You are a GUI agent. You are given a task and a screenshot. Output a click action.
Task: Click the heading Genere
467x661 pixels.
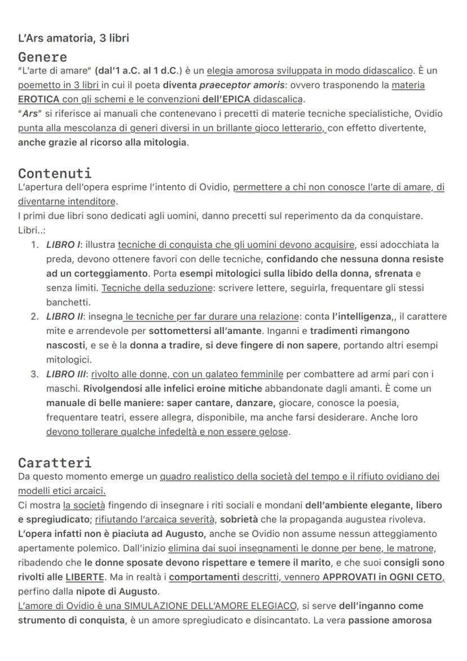[42, 57]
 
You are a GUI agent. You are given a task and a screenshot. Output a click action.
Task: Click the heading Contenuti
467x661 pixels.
[55, 173]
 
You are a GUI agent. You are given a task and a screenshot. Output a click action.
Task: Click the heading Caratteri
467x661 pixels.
[55, 463]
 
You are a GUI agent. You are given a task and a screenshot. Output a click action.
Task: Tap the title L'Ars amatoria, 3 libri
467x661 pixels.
[73, 38]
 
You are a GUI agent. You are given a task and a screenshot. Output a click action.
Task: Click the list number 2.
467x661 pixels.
[34, 316]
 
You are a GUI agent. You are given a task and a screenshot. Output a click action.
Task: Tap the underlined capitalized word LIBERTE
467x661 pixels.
[85, 577]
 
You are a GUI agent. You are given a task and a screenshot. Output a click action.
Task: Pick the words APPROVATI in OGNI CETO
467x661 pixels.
[383, 577]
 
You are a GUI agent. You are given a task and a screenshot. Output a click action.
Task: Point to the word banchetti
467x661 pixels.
[68, 302]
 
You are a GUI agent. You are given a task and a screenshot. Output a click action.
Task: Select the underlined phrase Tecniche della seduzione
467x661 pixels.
[149, 288]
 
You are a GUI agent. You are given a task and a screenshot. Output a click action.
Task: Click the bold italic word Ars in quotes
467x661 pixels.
[30, 113]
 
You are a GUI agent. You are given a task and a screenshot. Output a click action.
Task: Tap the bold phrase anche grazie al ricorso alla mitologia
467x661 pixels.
[103, 142]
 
